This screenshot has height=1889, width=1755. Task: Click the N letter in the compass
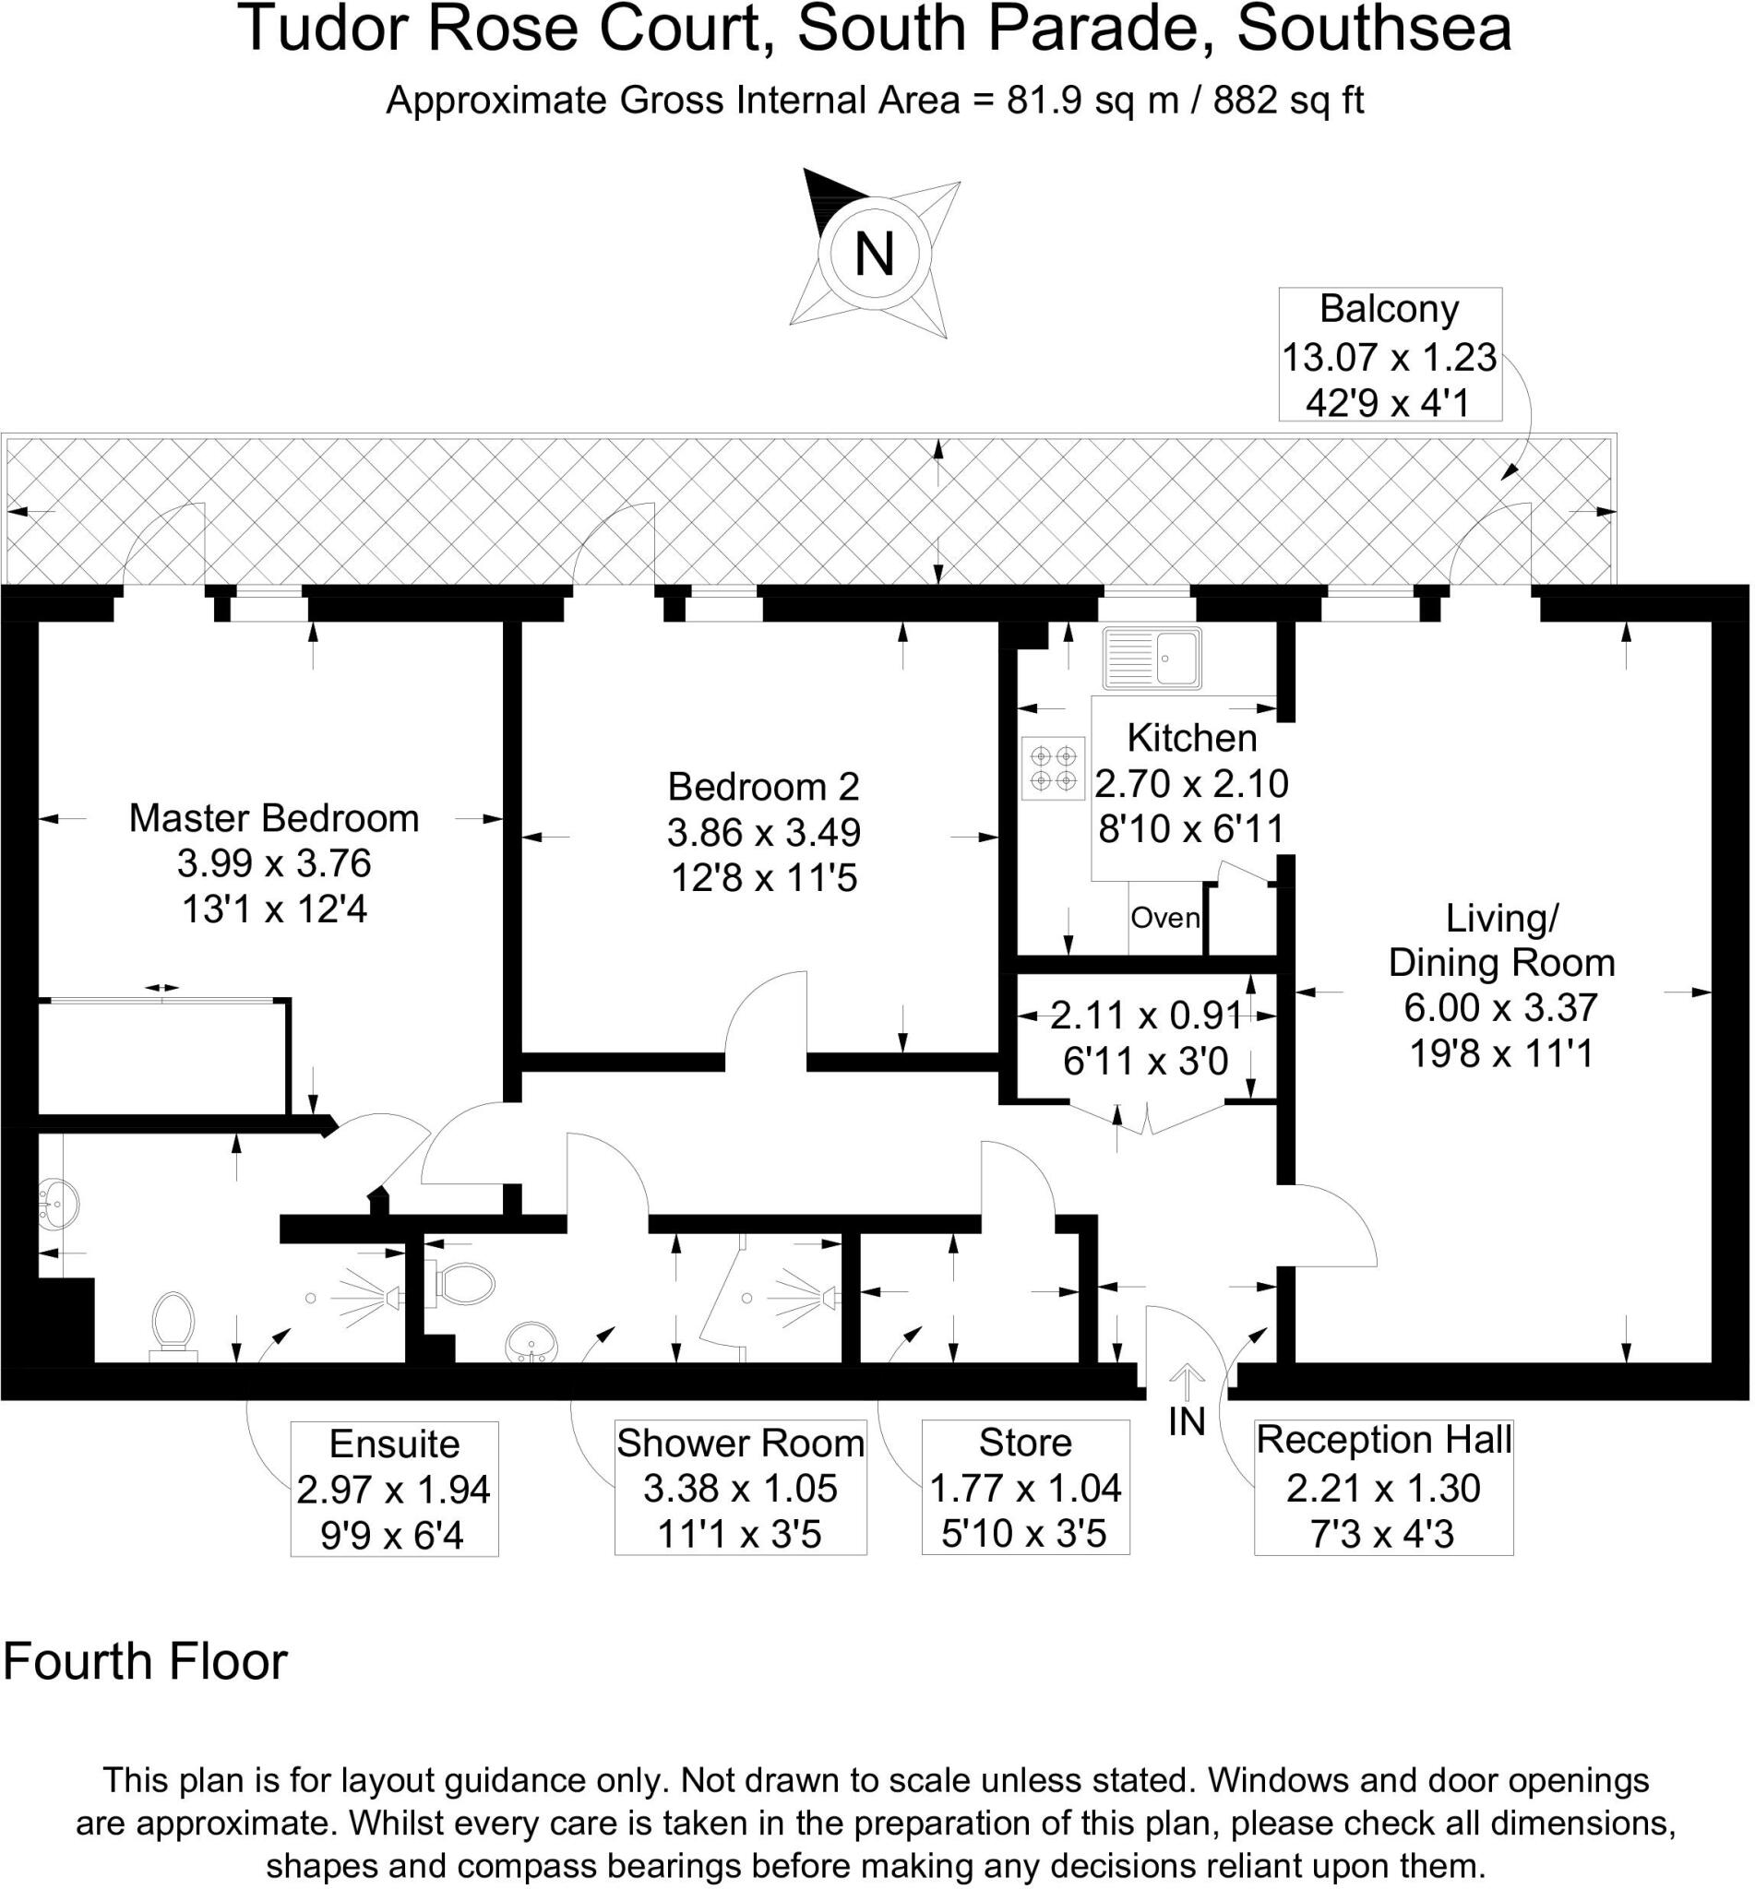coord(875,255)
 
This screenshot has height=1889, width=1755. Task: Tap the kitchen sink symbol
coord(1152,657)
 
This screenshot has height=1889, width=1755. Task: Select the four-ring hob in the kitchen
coord(1053,767)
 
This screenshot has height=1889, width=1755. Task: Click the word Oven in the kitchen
coord(1165,918)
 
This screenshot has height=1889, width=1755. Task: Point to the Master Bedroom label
coord(273,818)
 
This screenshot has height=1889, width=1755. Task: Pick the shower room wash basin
coord(532,1344)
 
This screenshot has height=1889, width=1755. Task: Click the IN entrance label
coord(1186,1422)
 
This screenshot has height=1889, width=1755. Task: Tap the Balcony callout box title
coord(1389,310)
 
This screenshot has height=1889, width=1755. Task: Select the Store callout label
coord(1025,1443)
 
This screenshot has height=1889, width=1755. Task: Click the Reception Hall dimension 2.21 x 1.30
coord(1383,1488)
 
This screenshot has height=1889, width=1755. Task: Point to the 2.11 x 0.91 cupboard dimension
coord(1145,1016)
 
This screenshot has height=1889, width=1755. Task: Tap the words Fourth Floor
coord(145,1661)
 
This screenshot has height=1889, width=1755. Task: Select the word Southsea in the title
coord(1373,29)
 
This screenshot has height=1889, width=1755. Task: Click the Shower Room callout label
coord(740,1443)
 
